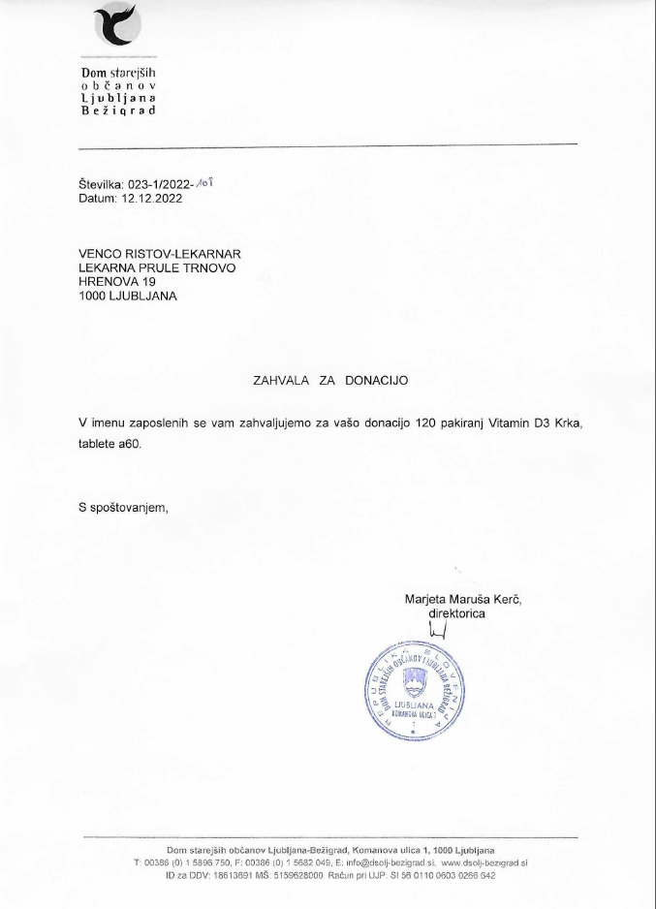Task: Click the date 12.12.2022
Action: [151, 198]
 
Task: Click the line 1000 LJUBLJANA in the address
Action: [128, 297]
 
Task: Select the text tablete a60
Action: [115, 444]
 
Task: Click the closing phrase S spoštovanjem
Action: [124, 508]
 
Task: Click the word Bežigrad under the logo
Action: [117, 111]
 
